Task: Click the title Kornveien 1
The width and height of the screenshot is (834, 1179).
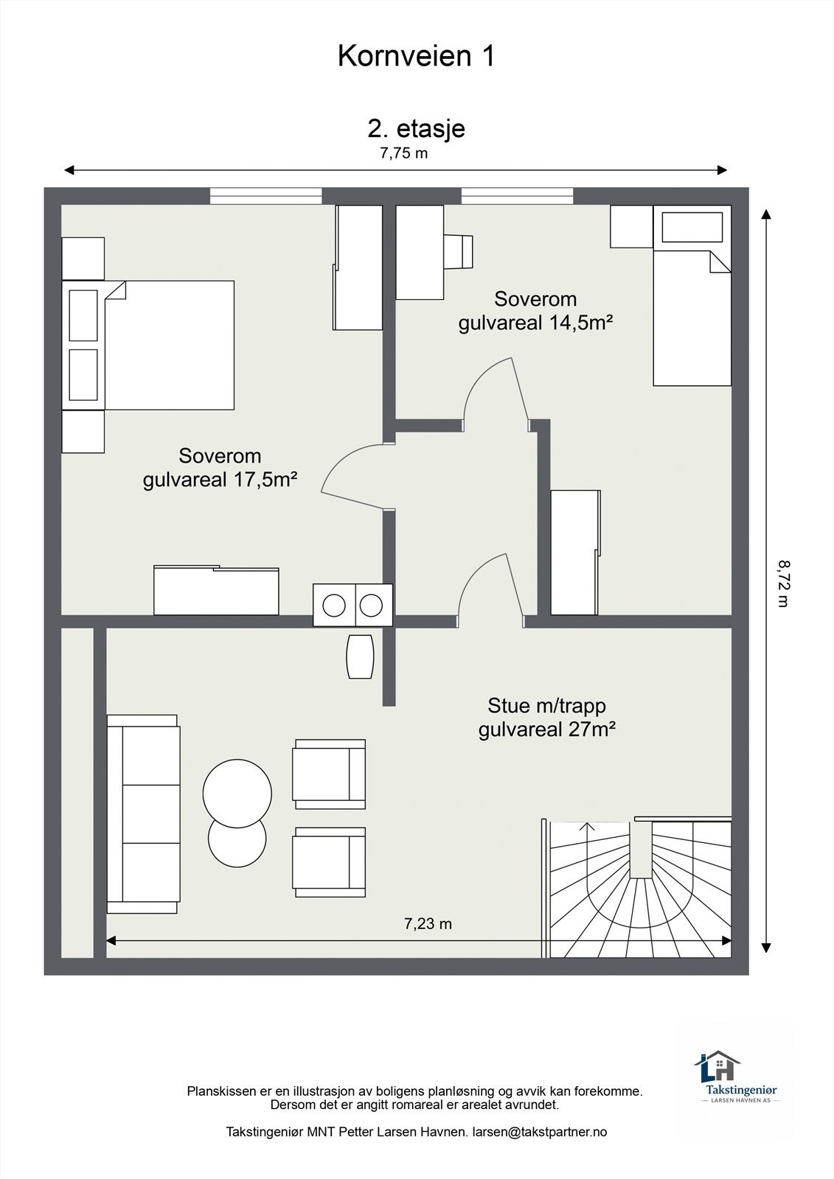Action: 416,56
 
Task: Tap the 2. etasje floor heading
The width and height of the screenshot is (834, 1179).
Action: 416,129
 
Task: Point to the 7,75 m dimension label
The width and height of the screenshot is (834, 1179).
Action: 403,153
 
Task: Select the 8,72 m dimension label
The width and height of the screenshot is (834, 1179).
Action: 783,584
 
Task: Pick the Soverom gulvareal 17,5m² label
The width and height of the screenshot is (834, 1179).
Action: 220,467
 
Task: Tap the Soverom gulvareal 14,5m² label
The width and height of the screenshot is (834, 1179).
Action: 535,310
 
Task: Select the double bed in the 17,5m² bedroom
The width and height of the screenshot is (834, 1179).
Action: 148,346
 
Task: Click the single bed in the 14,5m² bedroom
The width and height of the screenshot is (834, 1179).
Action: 692,295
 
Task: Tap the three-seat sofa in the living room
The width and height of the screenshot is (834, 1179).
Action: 143,814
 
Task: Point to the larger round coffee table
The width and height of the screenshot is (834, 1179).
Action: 237,793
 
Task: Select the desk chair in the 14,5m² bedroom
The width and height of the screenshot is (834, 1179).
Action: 458,251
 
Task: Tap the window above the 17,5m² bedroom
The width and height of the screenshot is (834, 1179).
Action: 266,196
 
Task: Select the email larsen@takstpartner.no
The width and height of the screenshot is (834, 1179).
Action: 540,1132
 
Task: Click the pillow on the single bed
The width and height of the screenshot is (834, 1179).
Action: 692,228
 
